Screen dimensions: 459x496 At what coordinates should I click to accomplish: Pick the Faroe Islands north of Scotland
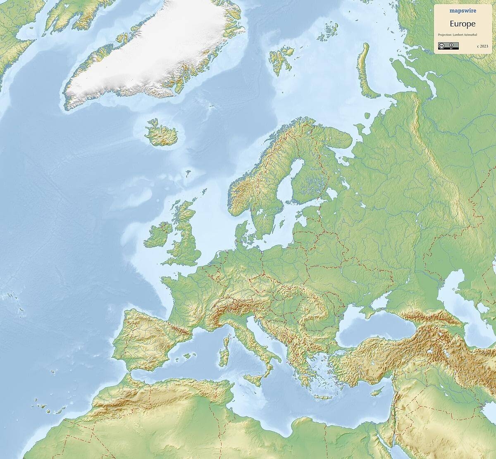pyautogui.click(x=188, y=173)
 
